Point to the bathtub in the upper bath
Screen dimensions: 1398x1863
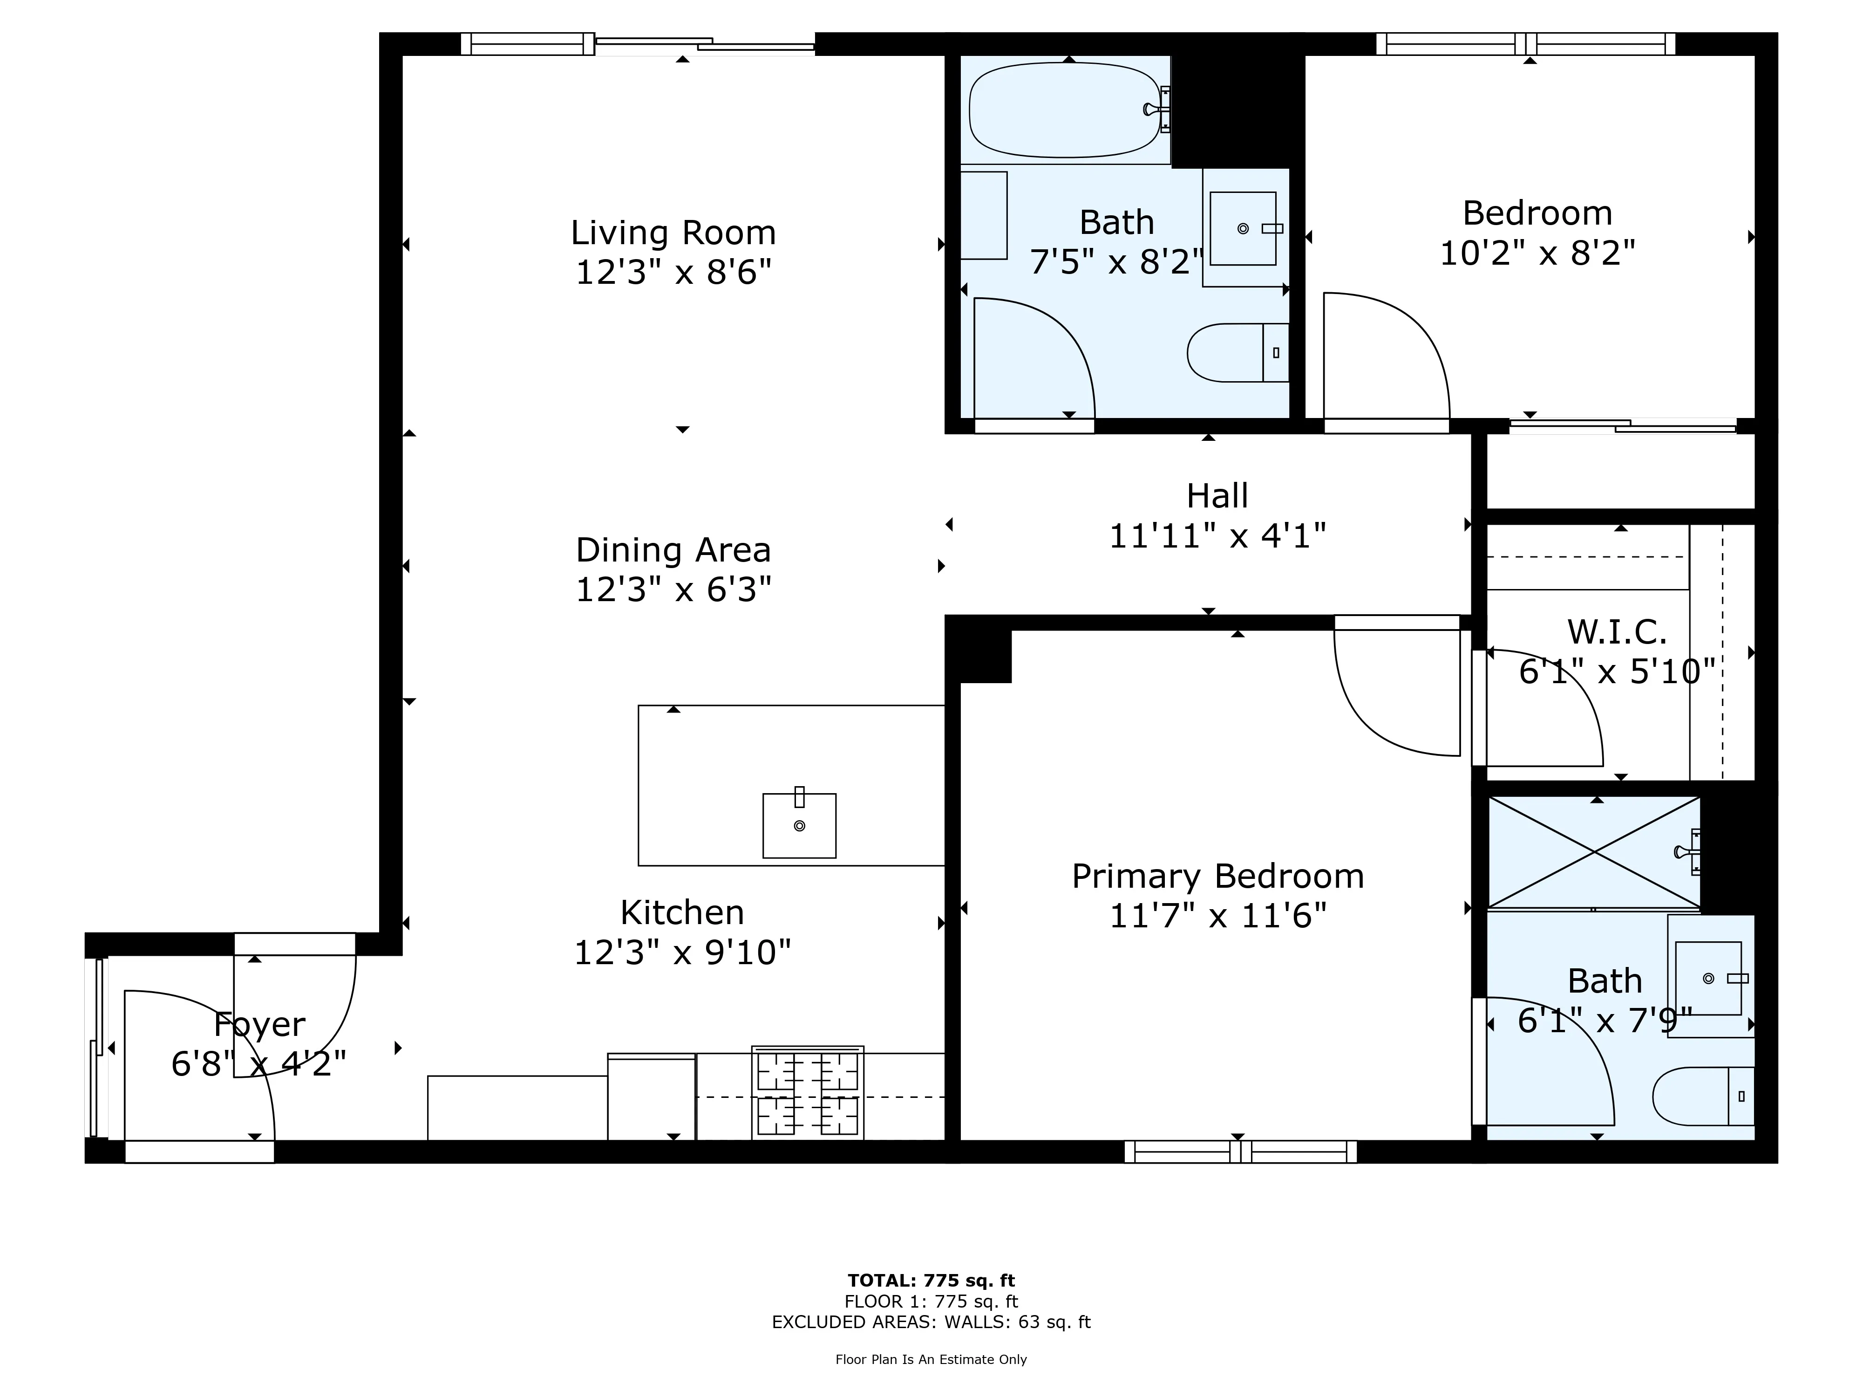point(1064,110)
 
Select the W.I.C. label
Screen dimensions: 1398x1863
point(1616,631)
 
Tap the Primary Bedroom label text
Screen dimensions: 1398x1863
point(1217,877)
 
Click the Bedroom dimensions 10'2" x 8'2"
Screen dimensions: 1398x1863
point(1537,253)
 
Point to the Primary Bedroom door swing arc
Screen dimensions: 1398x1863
point(1381,716)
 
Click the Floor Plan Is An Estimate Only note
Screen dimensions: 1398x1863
point(931,1359)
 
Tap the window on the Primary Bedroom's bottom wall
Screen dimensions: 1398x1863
point(1240,1151)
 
